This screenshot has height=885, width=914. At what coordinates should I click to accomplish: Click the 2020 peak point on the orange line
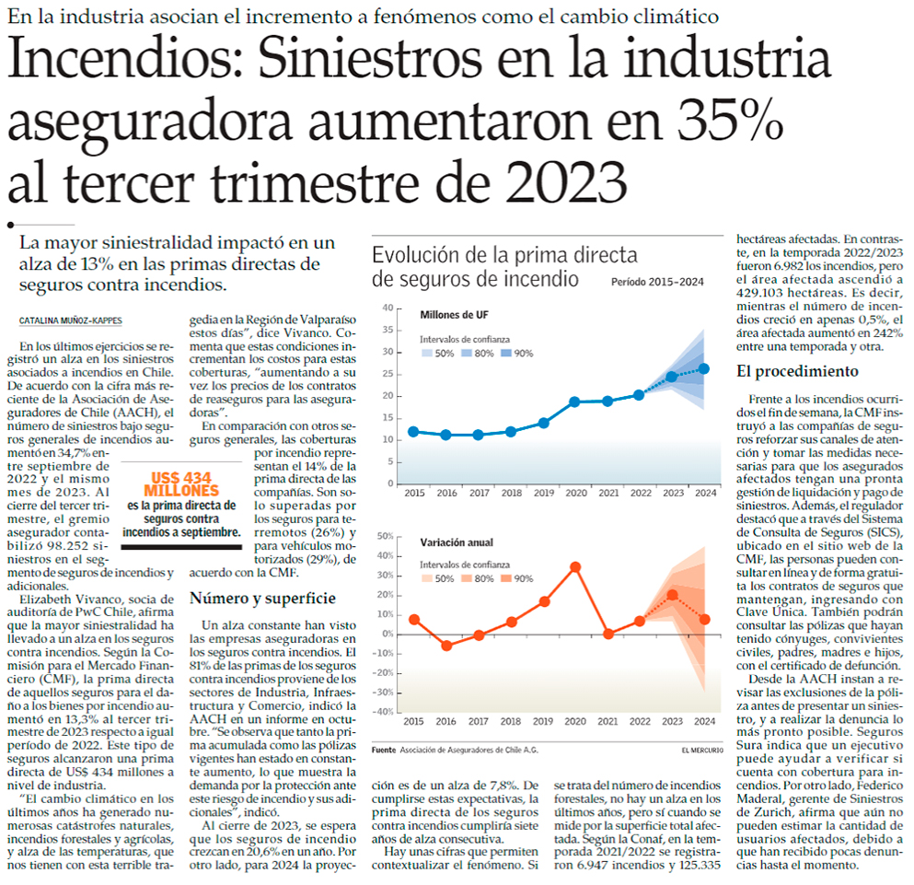(x=575, y=567)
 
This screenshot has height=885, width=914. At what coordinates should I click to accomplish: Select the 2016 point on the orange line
(x=446, y=646)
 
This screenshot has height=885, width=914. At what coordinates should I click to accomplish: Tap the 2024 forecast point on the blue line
(x=703, y=368)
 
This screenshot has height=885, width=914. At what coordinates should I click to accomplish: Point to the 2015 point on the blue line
(x=413, y=432)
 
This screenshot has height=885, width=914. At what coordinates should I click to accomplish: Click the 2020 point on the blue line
(x=574, y=402)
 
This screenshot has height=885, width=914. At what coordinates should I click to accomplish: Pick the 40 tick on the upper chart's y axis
(x=388, y=308)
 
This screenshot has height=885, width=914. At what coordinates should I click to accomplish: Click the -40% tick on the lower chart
(x=384, y=712)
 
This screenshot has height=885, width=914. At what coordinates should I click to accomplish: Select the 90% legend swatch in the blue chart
(x=505, y=353)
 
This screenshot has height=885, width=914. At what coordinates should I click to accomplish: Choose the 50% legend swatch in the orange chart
(x=427, y=578)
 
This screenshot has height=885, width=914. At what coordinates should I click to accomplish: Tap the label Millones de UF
(x=454, y=315)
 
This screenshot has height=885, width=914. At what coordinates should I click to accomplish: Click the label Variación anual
(x=457, y=542)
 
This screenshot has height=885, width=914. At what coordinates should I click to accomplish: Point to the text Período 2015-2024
(x=657, y=282)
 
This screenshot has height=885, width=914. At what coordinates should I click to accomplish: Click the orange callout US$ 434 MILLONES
(x=182, y=484)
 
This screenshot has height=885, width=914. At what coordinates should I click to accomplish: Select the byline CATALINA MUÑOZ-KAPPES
(x=71, y=320)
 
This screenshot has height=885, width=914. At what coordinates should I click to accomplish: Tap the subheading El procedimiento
(x=797, y=372)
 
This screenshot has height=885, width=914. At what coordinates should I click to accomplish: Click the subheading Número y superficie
(x=262, y=598)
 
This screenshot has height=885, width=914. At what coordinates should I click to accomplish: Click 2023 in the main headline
(x=566, y=182)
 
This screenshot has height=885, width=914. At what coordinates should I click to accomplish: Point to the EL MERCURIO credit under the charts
(x=702, y=750)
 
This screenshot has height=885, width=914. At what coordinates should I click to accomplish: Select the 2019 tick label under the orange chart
(x=543, y=721)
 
